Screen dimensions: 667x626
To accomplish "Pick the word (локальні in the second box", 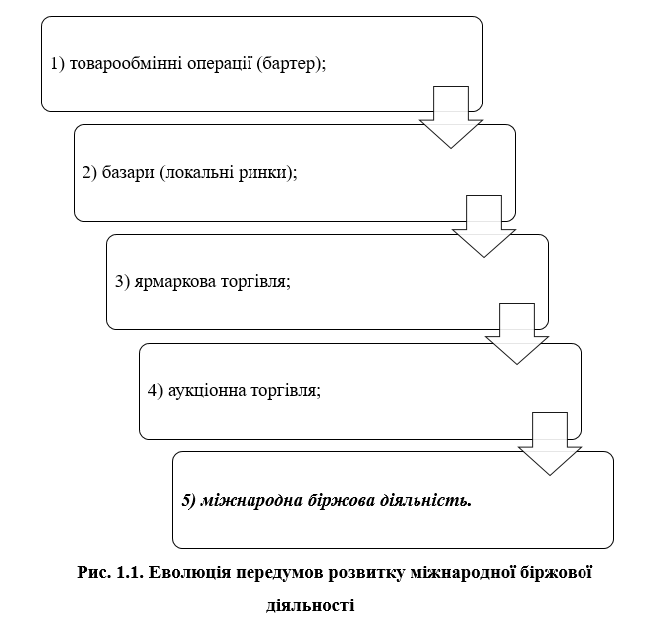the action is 197,173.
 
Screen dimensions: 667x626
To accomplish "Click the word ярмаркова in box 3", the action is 175,282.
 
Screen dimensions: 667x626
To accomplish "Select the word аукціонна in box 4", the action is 207,390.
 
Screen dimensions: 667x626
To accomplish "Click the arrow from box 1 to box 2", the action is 451,117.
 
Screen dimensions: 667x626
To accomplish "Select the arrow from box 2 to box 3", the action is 484,226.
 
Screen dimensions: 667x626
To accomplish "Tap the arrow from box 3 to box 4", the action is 517,333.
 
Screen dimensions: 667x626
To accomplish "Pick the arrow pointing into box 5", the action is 550,443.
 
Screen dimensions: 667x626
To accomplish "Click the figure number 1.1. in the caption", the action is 130,573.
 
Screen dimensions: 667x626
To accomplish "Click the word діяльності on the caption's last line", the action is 310,605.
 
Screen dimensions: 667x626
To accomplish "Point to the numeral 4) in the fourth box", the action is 155,390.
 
